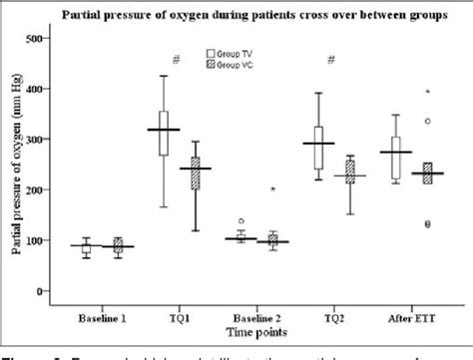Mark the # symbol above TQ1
pos(176,60)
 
